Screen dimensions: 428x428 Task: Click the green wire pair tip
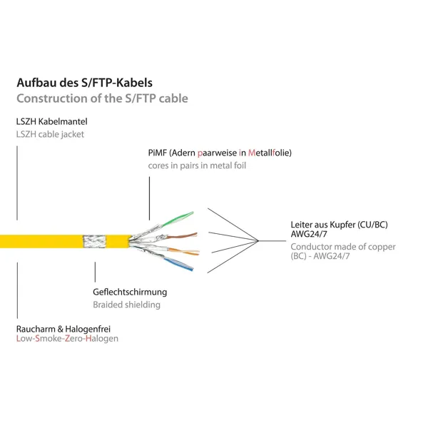point(192,213)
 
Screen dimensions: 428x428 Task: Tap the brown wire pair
point(181,236)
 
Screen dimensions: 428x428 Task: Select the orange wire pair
point(183,251)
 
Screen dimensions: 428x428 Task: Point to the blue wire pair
point(179,264)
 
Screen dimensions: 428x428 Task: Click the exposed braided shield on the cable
point(94,241)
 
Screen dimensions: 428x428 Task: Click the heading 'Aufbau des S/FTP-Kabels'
point(85,83)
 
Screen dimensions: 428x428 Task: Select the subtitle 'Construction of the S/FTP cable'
point(102,98)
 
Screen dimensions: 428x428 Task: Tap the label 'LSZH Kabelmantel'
point(52,121)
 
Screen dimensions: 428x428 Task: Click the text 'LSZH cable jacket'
point(50,134)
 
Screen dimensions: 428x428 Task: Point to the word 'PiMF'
point(157,153)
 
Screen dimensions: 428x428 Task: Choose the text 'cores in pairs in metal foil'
point(197,165)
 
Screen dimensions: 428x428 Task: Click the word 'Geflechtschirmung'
point(130,292)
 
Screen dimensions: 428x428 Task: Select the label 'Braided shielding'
point(127,305)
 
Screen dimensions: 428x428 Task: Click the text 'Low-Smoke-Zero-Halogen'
point(68,339)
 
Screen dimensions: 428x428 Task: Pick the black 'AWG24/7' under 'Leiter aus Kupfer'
point(309,234)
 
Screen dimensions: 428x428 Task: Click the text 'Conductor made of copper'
point(343,247)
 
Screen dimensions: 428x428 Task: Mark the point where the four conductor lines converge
point(258,241)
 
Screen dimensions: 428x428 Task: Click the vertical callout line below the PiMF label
point(149,198)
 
